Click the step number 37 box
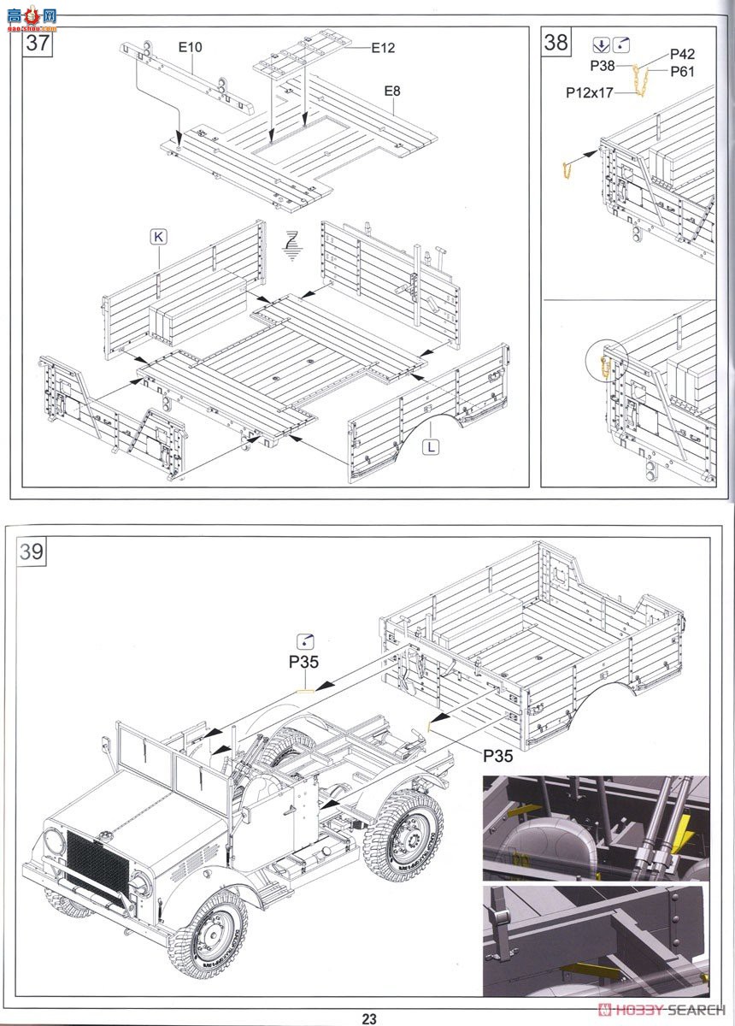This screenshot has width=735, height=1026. [x=38, y=43]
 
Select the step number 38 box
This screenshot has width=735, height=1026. [x=556, y=42]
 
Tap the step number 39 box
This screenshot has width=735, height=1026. [x=32, y=551]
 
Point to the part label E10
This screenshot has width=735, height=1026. [x=190, y=47]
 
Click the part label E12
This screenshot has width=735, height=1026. [x=382, y=48]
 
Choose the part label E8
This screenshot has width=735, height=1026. [x=392, y=90]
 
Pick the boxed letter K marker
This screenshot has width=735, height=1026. [x=158, y=237]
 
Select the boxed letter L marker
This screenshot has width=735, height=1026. [x=432, y=445]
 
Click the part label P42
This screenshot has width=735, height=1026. [x=682, y=55]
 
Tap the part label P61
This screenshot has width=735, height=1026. [x=682, y=72]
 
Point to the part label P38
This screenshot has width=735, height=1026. [x=602, y=66]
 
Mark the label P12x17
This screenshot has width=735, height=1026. [x=589, y=92]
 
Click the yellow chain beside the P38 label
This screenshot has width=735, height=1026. [x=639, y=81]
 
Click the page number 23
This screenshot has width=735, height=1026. [x=368, y=1017]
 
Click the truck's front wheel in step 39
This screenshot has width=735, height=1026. [x=208, y=932]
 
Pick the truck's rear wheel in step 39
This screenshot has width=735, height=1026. [x=403, y=834]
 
